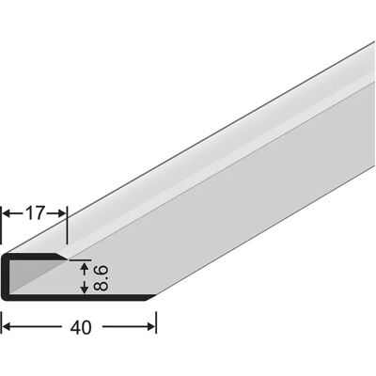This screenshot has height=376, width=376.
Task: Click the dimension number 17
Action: [36, 213]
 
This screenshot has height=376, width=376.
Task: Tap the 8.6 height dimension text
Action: [101, 277]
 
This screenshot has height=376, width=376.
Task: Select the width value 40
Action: [81, 327]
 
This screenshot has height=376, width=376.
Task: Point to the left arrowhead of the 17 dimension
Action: [7, 213]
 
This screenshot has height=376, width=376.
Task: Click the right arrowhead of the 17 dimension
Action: [61, 213]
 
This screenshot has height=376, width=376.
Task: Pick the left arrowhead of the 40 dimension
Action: [7, 327]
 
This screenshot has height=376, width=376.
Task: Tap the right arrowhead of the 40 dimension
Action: [150, 327]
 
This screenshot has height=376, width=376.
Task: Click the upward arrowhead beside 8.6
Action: [84, 267]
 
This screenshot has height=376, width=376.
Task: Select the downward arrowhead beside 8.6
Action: [84, 289]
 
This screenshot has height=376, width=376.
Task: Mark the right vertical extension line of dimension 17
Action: [67, 226]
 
